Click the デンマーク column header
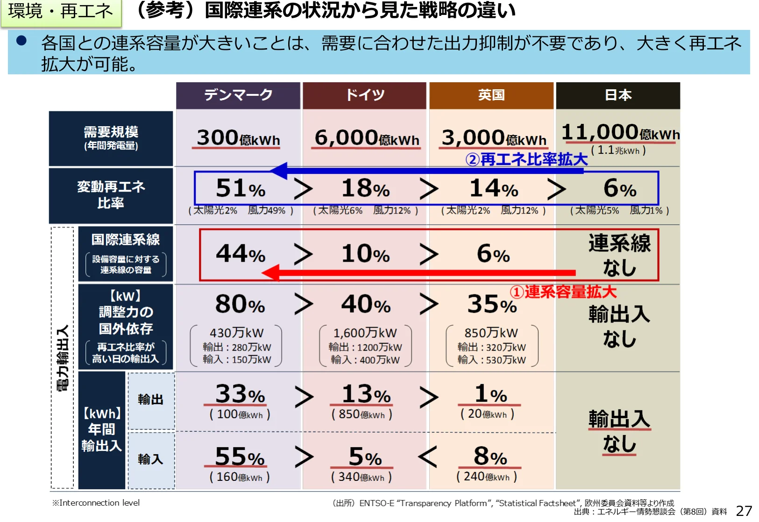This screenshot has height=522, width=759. point(238,95)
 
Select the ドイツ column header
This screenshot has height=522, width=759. point(365,95)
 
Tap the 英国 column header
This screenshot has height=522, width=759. point(491,95)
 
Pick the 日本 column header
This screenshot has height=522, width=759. point(618,95)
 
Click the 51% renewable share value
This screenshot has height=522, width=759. point(240,188)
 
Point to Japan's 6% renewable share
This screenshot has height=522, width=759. point(619,188)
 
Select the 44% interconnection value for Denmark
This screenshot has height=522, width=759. point(240,254)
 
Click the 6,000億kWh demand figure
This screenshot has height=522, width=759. point(367,138)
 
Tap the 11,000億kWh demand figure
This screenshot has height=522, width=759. point(620,133)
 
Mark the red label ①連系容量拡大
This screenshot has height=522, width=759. point(563,292)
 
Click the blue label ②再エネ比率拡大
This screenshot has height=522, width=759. point(526,159)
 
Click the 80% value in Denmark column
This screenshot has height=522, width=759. point(240,304)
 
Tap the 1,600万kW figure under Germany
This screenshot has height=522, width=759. point(365,333)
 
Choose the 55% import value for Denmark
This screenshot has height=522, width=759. point(240,457)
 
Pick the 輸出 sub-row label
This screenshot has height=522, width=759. point(151,400)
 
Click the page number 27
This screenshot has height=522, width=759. point(744,511)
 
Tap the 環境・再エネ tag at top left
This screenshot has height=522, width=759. point(61,11)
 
